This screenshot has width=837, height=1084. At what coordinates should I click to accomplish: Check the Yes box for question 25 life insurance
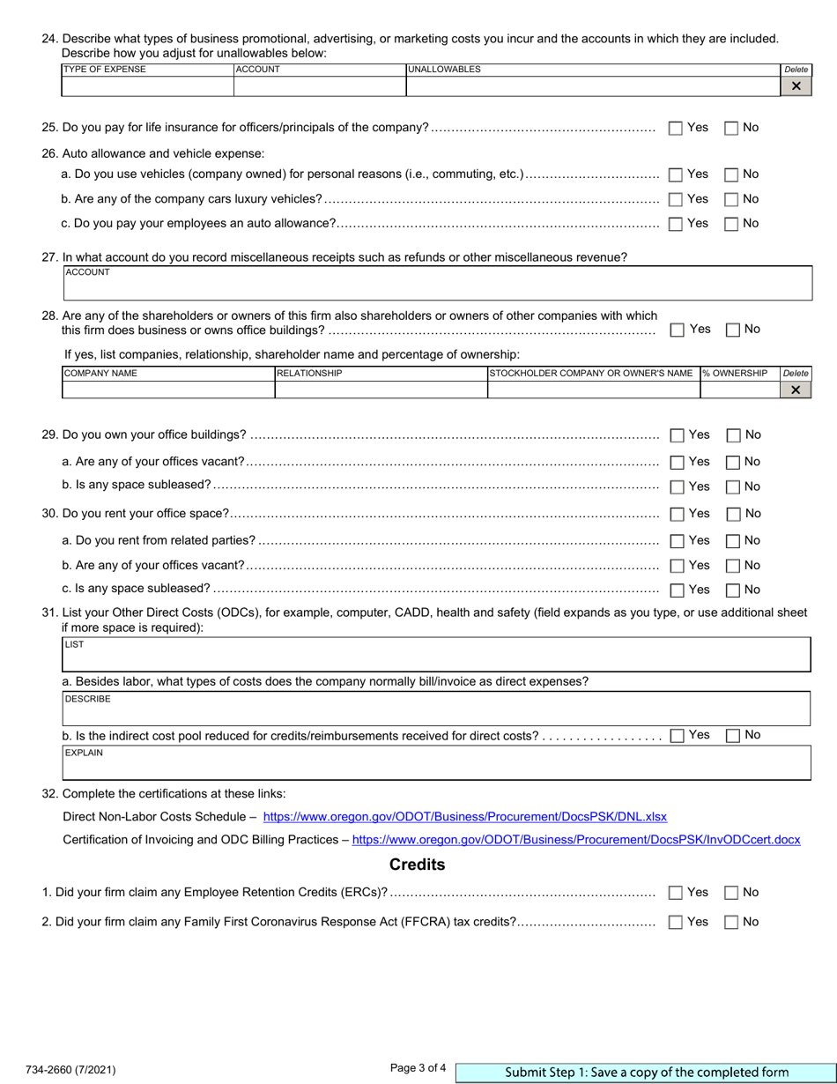click(x=676, y=128)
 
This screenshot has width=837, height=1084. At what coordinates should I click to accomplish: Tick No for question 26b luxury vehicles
click(x=731, y=199)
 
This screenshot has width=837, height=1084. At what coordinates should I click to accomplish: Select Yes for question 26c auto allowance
click(x=676, y=224)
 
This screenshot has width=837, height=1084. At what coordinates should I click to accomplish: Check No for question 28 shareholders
click(x=733, y=330)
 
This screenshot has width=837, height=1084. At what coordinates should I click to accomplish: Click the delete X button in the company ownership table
click(x=796, y=390)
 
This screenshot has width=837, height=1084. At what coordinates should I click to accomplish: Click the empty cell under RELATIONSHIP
click(x=381, y=390)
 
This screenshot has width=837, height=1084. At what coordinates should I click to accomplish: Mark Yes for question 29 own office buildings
click(x=678, y=435)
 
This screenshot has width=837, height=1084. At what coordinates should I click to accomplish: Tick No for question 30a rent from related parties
click(x=733, y=541)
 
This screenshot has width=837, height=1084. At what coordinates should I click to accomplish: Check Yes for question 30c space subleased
click(x=678, y=590)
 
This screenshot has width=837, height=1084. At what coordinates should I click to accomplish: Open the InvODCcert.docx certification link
click(x=576, y=840)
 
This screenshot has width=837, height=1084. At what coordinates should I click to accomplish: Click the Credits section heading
click(x=418, y=865)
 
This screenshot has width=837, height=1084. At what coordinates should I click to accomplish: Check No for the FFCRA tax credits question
click(x=731, y=923)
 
